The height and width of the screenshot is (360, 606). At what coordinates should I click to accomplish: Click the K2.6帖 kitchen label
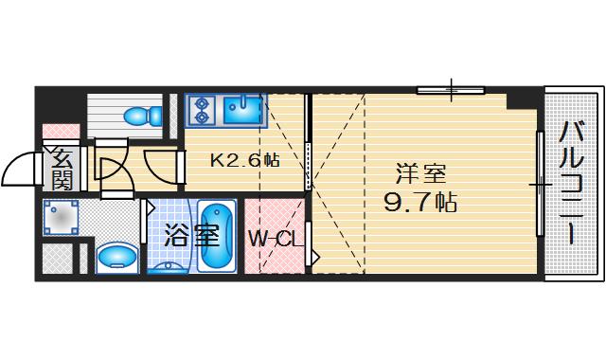(244, 160)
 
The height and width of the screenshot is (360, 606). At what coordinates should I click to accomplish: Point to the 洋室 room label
(420, 174)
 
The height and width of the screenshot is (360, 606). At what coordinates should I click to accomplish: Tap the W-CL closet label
(276, 239)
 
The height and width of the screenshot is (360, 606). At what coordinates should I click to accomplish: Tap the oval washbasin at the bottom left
(116, 256)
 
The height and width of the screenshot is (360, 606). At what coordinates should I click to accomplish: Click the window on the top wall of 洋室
(450, 91)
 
